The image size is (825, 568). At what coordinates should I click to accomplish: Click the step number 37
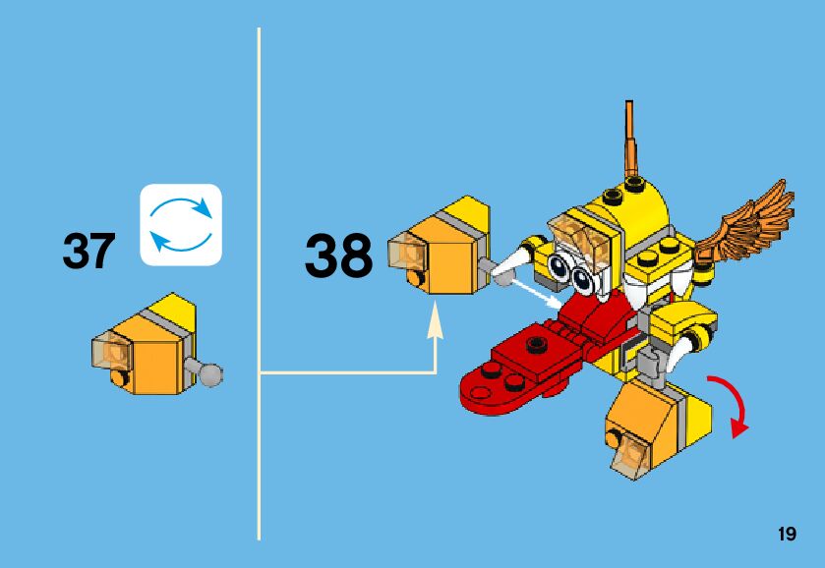[88, 252]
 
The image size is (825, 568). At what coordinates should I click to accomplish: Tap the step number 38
[338, 256]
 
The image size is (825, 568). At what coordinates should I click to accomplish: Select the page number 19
[786, 535]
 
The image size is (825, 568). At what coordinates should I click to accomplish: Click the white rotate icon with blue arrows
[181, 225]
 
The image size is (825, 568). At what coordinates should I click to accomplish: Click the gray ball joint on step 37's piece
[210, 372]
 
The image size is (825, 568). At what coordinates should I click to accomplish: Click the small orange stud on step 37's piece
[118, 378]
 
